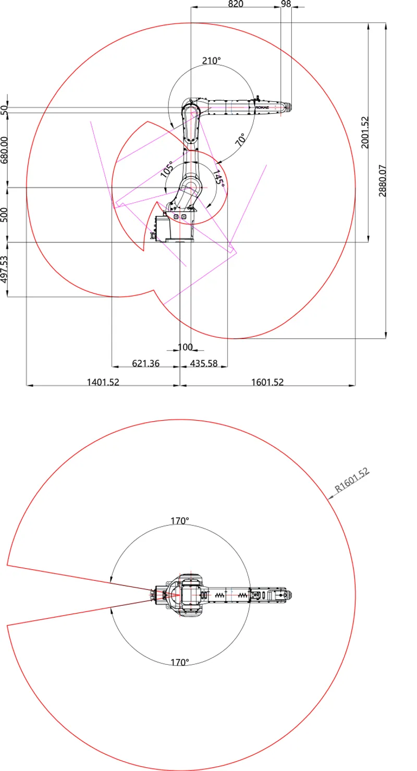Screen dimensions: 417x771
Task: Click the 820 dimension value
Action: pyautogui.click(x=236, y=4)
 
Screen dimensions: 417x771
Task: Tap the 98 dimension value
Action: pyautogui.click(x=286, y=4)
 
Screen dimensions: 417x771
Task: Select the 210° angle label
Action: pyautogui.click(x=211, y=61)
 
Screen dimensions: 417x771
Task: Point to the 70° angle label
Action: pyautogui.click(x=241, y=139)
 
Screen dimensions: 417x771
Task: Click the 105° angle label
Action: pyautogui.click(x=167, y=169)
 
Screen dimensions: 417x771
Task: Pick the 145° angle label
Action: pyautogui.click(x=218, y=179)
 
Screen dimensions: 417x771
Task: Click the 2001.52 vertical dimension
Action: pyautogui.click(x=365, y=132)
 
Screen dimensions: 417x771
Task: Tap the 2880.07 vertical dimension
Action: pyautogui.click(x=383, y=181)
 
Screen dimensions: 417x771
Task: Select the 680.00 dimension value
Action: pyautogui.click(x=4, y=150)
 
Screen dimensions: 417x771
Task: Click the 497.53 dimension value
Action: pyautogui.click(x=4, y=269)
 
